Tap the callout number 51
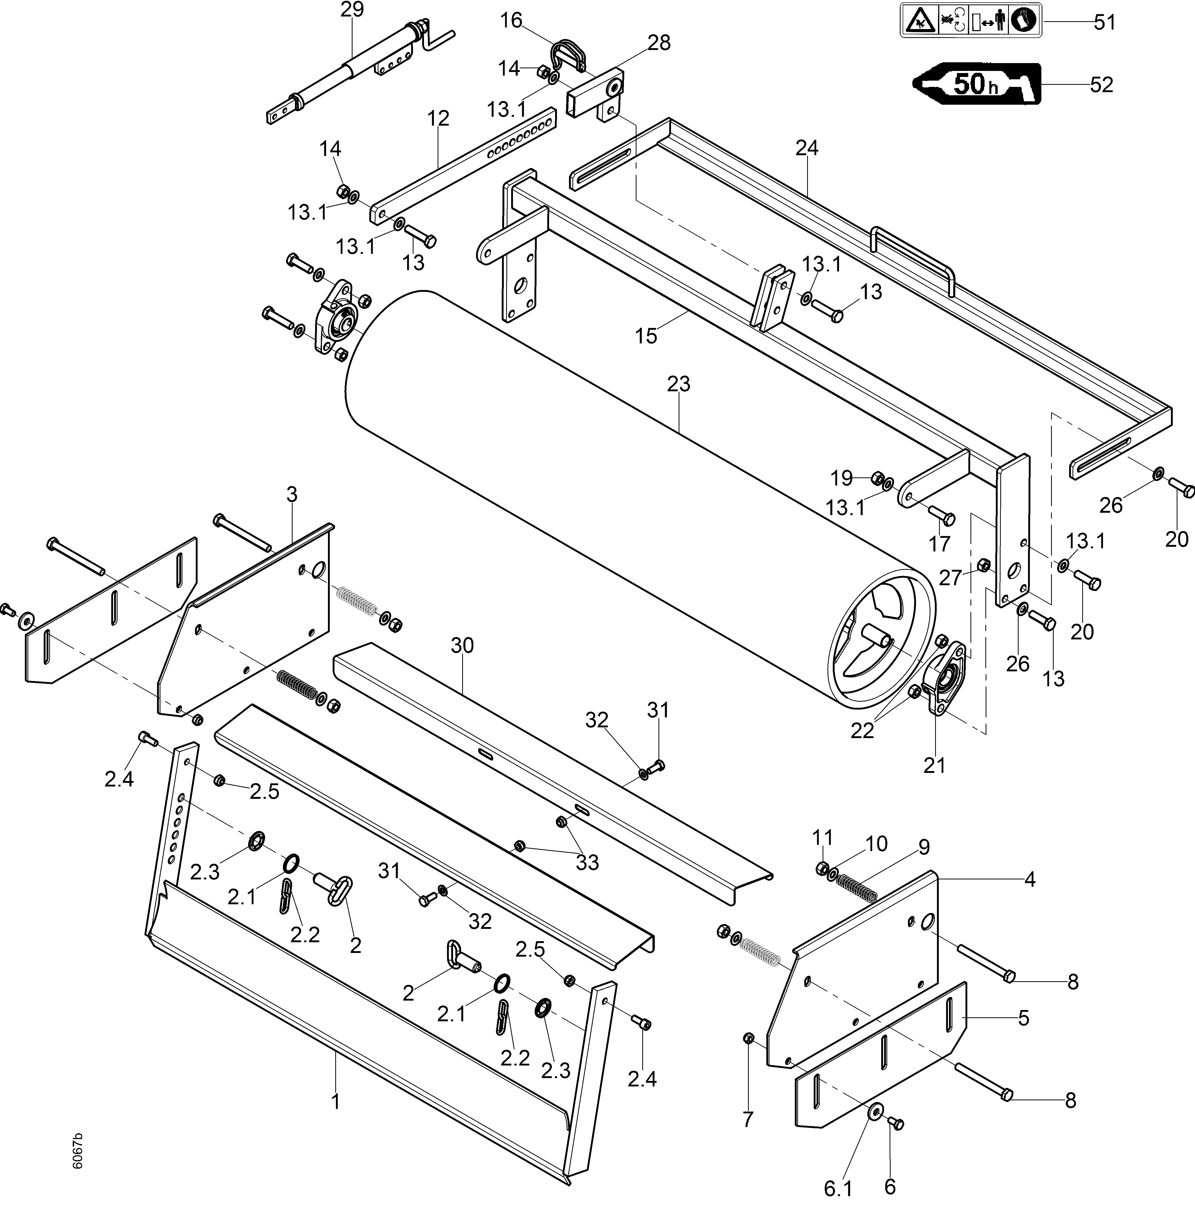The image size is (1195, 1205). [x=1104, y=23]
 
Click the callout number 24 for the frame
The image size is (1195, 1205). [x=806, y=148]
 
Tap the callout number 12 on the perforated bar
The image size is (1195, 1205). [x=438, y=118]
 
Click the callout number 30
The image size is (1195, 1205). [x=462, y=645]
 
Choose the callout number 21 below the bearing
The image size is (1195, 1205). [x=934, y=765]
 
